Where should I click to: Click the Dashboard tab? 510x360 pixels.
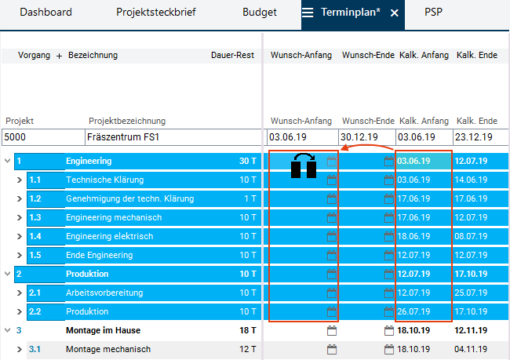(x=46, y=13)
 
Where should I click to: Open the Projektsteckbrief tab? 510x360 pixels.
(x=156, y=13)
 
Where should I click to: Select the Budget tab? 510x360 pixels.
(x=260, y=13)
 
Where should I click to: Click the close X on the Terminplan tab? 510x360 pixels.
(x=395, y=13)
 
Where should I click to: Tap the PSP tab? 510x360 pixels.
(x=433, y=13)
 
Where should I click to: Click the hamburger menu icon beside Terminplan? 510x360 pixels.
(x=308, y=13)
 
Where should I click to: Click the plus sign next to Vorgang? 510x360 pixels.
(x=59, y=56)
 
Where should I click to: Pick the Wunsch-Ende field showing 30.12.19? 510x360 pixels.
(x=366, y=136)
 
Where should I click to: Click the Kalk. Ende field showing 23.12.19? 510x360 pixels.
(x=476, y=136)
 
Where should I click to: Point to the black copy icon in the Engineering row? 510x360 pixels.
(x=304, y=165)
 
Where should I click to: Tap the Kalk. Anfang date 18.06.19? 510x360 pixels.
(x=413, y=236)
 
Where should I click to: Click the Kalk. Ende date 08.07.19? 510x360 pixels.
(x=471, y=236)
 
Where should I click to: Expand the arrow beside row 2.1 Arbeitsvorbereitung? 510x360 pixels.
(x=20, y=293)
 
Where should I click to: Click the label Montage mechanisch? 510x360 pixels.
(x=108, y=349)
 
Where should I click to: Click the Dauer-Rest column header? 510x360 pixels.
(x=234, y=56)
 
